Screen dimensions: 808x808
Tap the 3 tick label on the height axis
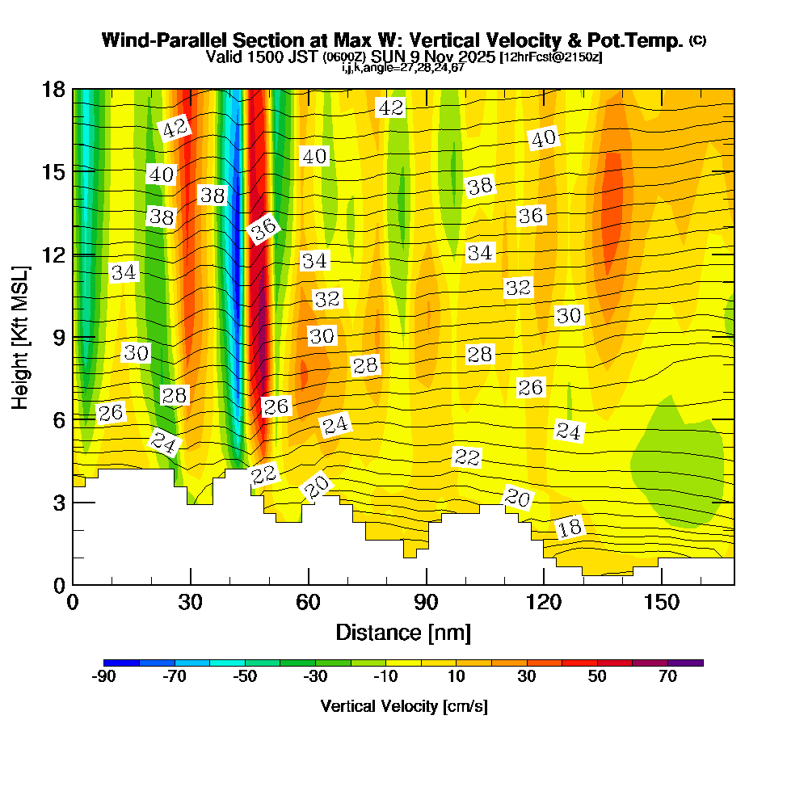coord(58,502)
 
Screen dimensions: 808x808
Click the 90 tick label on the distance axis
coord(426,603)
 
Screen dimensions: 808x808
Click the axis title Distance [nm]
coord(403,631)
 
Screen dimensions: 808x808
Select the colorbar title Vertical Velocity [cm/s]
coord(403,706)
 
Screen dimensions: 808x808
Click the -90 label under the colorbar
coord(104,677)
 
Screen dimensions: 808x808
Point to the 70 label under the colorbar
coord(667,677)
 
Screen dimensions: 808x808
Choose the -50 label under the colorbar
coord(245,677)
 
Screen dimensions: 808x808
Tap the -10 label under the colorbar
coord(385,677)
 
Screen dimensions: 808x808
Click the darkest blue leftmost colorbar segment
coord(122,663)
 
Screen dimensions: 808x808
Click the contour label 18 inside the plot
coord(570,528)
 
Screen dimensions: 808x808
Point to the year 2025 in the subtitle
coord(477,57)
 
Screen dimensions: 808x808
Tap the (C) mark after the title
coord(697,40)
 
